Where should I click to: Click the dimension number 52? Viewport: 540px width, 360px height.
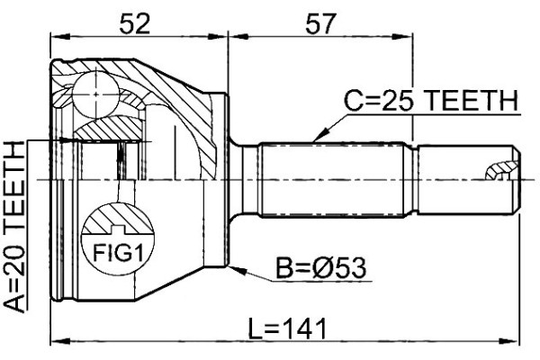click(x=135, y=23)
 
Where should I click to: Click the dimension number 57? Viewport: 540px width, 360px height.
click(x=319, y=23)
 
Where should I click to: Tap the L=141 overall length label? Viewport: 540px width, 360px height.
click(x=287, y=328)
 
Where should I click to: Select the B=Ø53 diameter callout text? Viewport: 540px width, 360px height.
click(x=321, y=268)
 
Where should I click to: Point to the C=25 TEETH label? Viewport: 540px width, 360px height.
click(x=431, y=101)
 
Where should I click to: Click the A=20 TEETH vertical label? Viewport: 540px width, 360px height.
click(x=15, y=227)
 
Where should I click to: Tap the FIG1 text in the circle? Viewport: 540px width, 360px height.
click(x=118, y=253)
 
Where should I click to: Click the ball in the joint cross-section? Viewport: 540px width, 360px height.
click(x=96, y=94)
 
